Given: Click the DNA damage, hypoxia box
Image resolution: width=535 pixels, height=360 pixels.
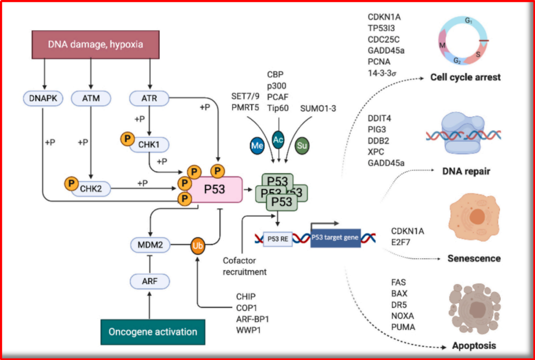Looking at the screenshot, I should pos(96,45).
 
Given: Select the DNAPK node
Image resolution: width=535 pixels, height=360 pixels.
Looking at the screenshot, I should pos(43,99).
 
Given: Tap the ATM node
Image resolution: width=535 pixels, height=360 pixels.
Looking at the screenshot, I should pos(91,99).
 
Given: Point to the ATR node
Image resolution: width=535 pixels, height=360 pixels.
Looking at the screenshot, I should pos(150,99).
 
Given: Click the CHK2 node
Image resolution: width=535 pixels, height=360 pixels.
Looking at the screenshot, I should pos(92,188).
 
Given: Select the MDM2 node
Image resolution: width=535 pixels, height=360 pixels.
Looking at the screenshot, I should pos(150,244).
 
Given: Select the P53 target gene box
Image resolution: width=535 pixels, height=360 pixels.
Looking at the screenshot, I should pos(335,238).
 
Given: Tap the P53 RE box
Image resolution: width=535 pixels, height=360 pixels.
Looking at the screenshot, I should pos(277,239).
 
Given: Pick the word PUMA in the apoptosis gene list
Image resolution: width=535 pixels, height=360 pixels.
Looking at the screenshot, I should pos(403,327).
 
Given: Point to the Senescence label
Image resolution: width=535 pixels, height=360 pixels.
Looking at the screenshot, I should pos(474,258).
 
